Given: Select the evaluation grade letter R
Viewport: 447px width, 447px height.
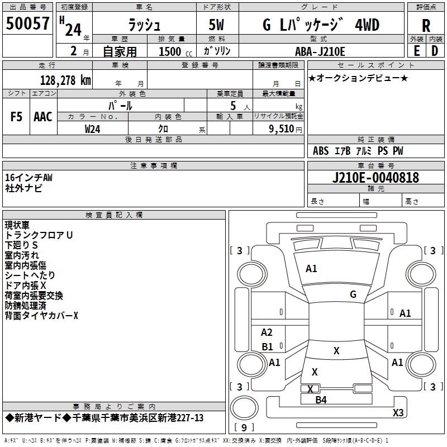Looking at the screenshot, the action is pyautogui.click(x=426, y=26).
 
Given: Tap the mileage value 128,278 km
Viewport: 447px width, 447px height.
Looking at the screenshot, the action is pyautogui.click(x=65, y=80).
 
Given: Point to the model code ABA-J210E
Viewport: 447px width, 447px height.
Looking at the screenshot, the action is pyautogui.click(x=320, y=51).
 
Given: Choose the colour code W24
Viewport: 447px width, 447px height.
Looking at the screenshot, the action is pyautogui.click(x=93, y=129).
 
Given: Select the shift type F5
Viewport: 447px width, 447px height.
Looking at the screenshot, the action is pyautogui.click(x=17, y=117).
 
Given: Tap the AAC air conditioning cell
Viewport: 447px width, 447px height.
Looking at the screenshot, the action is pyautogui.click(x=42, y=117).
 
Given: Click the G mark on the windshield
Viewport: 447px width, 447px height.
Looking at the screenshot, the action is pyautogui.click(x=353, y=294).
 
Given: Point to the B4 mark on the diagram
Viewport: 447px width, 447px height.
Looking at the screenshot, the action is pyautogui.click(x=321, y=400).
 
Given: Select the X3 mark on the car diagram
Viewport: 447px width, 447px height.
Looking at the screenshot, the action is pyautogui.click(x=398, y=413).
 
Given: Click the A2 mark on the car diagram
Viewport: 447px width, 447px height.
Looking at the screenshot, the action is pyautogui.click(x=267, y=332).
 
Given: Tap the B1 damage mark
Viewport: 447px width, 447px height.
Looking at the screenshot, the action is pyautogui.click(x=268, y=347).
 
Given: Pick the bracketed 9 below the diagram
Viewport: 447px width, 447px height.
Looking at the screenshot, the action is pyautogui.click(x=244, y=428).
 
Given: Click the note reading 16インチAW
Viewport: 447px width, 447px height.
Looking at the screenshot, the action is pyautogui.click(x=28, y=178).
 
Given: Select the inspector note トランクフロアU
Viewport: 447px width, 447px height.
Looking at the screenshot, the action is pyautogui.click(x=39, y=235).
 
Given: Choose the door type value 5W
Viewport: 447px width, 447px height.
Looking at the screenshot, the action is pyautogui.click(x=217, y=26).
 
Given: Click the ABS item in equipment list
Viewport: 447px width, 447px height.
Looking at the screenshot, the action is pyautogui.click(x=321, y=151).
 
